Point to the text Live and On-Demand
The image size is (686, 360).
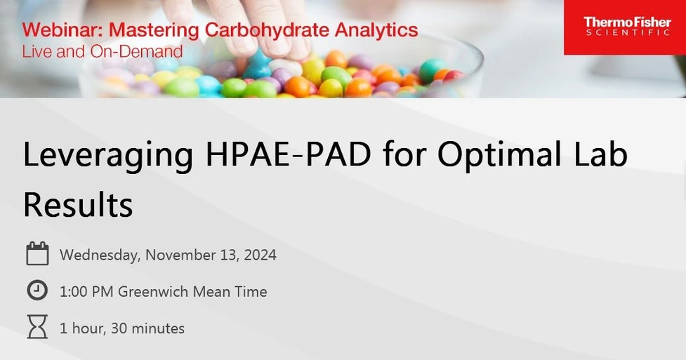point(102,51)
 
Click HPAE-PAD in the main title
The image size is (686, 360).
point(288,156)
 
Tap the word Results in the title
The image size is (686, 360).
point(78,204)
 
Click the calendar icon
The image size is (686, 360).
point(37,254)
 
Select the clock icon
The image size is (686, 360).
point(37,291)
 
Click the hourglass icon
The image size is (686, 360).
point(37,327)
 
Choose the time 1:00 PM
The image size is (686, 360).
point(87,291)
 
